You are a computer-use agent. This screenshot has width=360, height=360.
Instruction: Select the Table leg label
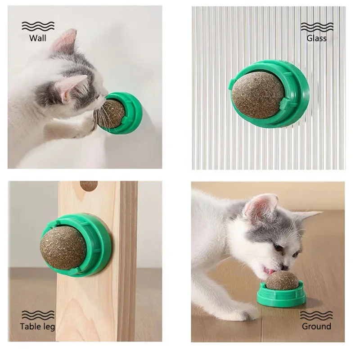pyautogui.click(x=38, y=327)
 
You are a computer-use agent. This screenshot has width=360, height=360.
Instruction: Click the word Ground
pyautogui.click(x=316, y=327)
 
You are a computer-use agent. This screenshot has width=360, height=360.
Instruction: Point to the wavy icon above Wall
pyautogui.click(x=38, y=26)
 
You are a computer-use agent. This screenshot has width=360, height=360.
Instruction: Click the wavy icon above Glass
pyautogui.click(x=316, y=26)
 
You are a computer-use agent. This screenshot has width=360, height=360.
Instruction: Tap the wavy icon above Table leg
pyautogui.click(x=38, y=314)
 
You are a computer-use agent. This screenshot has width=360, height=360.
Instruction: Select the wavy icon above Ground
pyautogui.click(x=316, y=314)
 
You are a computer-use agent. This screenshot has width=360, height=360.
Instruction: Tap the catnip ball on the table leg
pyautogui.click(x=63, y=247)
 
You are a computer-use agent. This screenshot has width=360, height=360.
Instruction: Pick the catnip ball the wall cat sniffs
pyautogui.click(x=110, y=114)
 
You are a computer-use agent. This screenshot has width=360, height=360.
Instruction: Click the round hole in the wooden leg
pyautogui.click(x=89, y=185)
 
